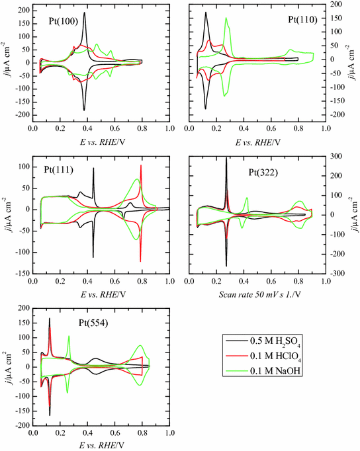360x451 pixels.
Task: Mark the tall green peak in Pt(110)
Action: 226,19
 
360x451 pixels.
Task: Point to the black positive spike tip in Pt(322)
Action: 226,158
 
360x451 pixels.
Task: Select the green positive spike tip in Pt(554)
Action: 69,336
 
